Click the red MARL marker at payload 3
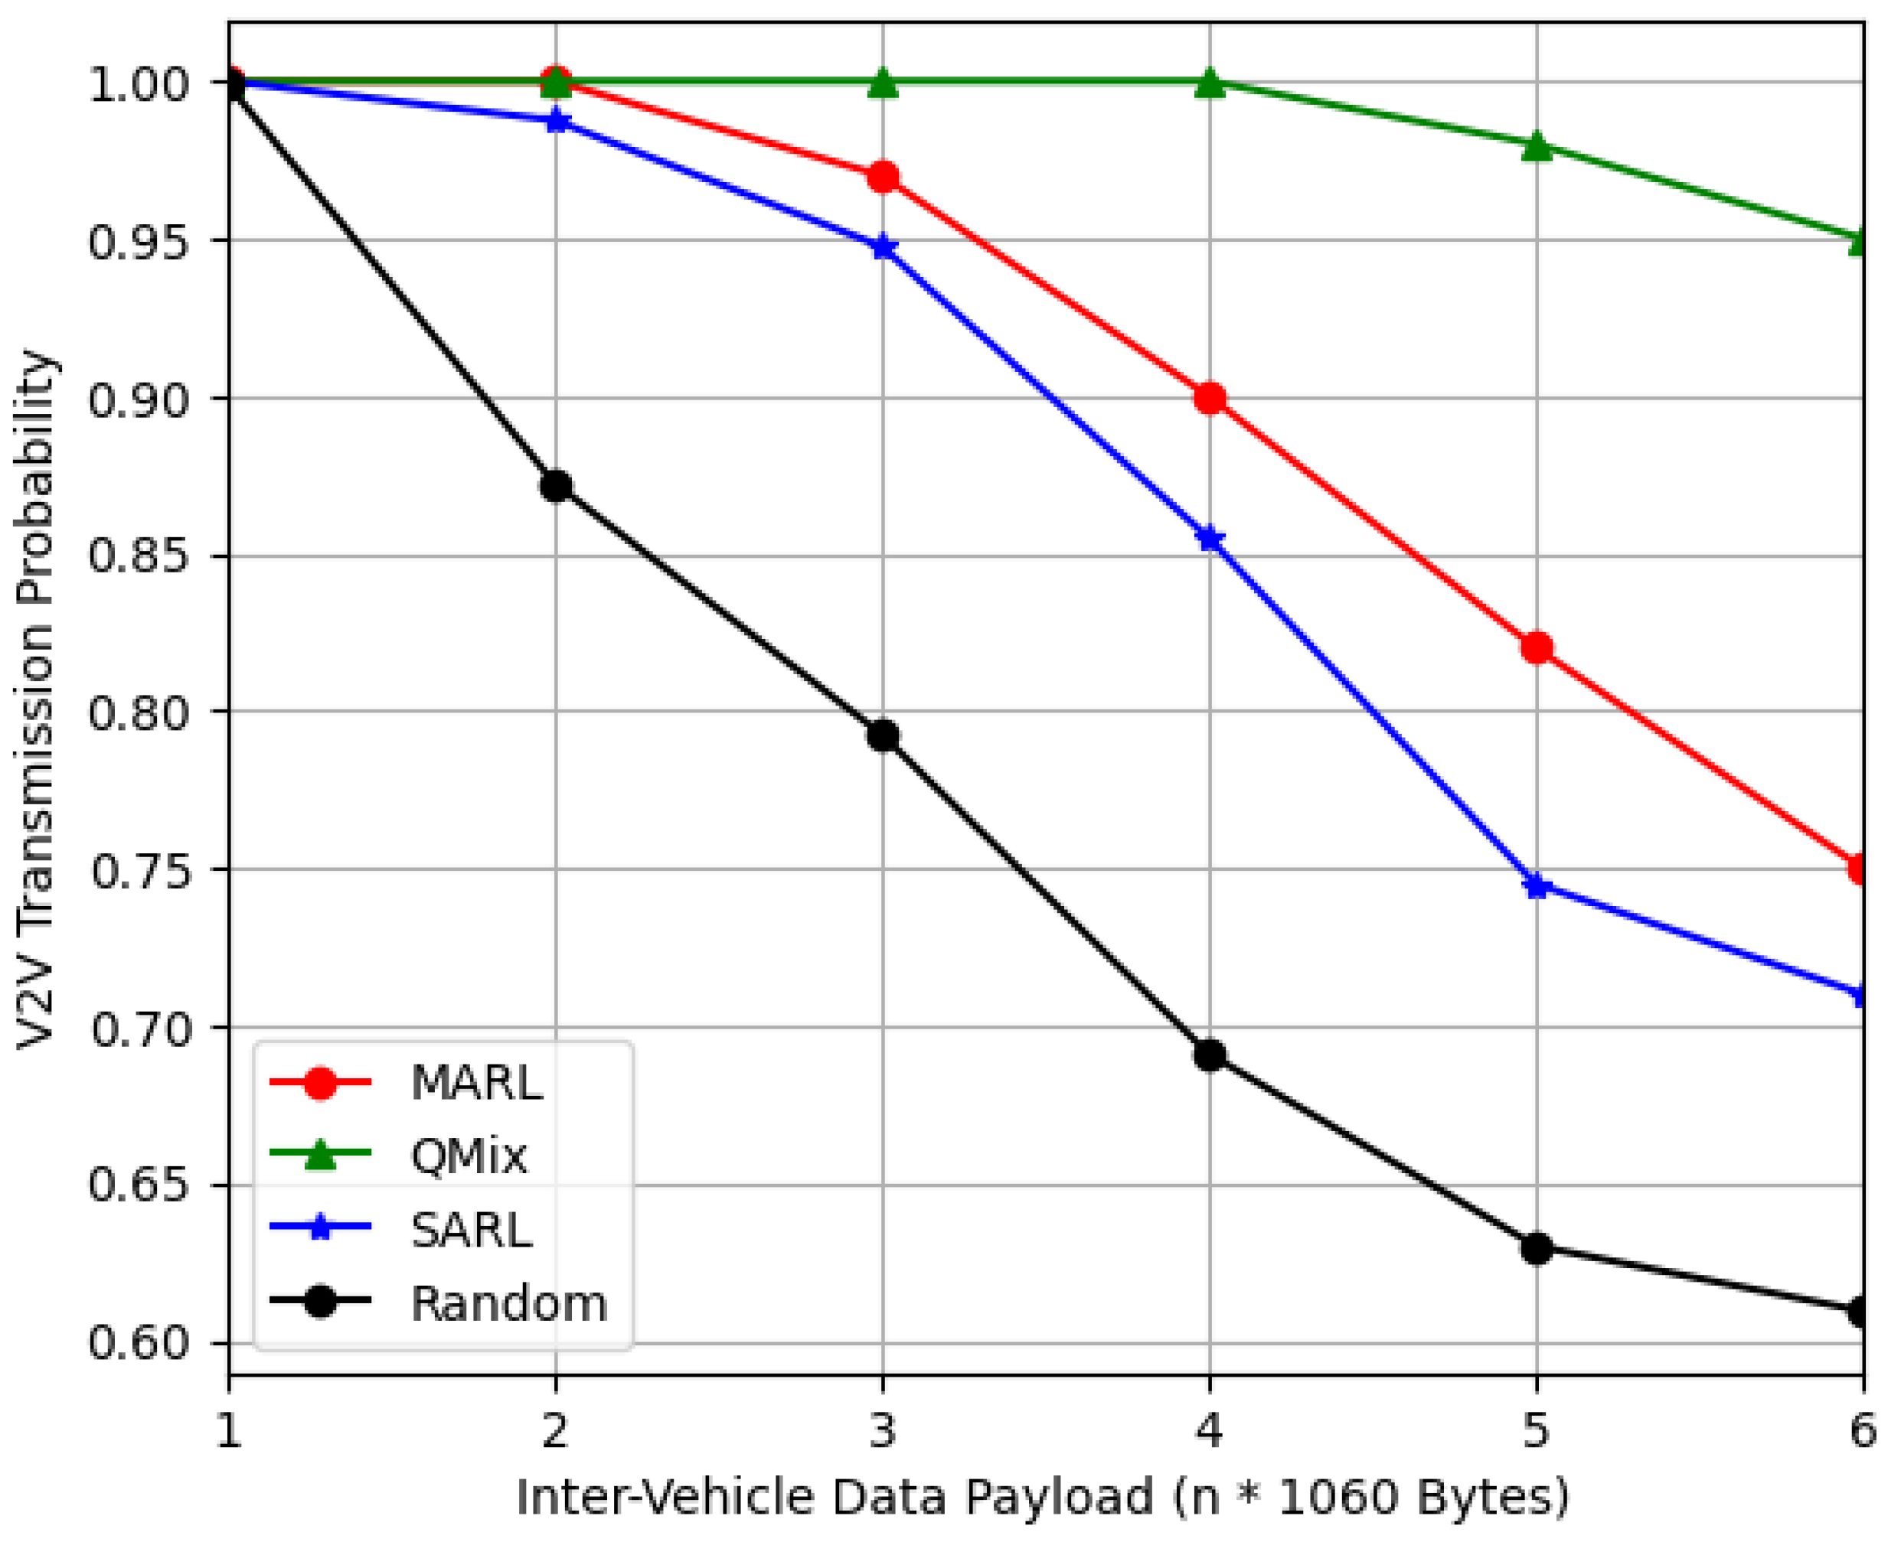(882, 177)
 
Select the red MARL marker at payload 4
(1209, 398)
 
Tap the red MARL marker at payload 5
(1536, 647)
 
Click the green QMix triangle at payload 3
(882, 83)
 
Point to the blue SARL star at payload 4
(1209, 540)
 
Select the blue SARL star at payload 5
(1536, 885)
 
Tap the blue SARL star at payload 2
(556, 121)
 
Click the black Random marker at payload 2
(556, 486)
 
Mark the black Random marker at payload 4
(1209, 1055)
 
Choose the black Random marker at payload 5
(1536, 1248)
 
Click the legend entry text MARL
(476, 1083)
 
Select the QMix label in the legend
(469, 1156)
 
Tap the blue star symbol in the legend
(320, 1229)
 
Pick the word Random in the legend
(508, 1303)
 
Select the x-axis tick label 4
(1209, 1431)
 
